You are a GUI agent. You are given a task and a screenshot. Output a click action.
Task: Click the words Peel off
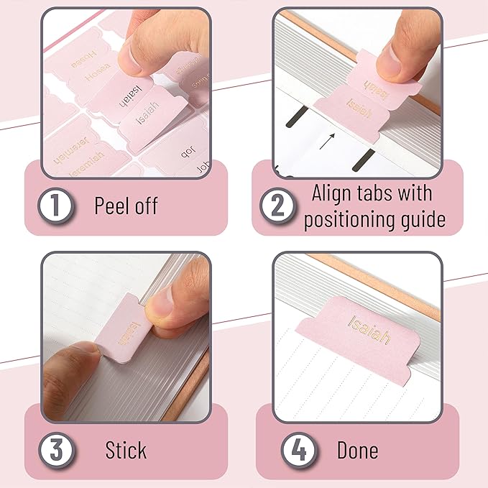tap(126, 206)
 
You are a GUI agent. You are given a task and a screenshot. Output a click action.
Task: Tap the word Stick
tap(126, 451)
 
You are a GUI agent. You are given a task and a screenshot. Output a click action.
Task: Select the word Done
tap(357, 451)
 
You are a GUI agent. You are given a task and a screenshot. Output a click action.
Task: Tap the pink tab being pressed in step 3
tap(120, 331)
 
